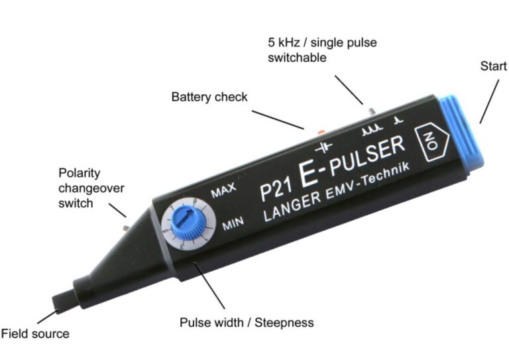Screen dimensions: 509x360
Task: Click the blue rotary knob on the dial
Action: pyautogui.click(x=188, y=221)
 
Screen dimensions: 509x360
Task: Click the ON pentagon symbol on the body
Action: pyautogui.click(x=432, y=143)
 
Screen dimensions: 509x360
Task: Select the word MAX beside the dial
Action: pyautogui.click(x=223, y=190)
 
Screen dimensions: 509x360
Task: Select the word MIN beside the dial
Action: pyautogui.click(x=233, y=224)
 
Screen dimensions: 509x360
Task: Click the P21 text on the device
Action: pyautogui.click(x=276, y=190)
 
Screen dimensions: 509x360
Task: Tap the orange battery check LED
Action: pyautogui.click(x=321, y=131)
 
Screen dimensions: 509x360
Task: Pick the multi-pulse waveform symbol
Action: pyautogui.click(x=372, y=130)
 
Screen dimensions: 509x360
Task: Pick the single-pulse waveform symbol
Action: pyautogui.click(x=398, y=121)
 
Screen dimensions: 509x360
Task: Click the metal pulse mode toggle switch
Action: pyautogui.click(x=372, y=111)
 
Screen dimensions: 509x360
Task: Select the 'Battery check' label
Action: pyautogui.click(x=209, y=97)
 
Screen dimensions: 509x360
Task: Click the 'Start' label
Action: pyautogui.click(x=493, y=66)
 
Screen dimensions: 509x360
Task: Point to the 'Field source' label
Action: pyautogui.click(x=35, y=333)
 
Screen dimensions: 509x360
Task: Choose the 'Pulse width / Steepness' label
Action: pyautogui.click(x=247, y=323)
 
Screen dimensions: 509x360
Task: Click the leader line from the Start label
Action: pyautogui.click(x=489, y=101)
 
